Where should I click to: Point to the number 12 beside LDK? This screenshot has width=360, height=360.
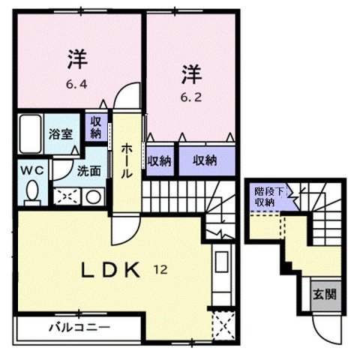pyautogui.click(x=161, y=268)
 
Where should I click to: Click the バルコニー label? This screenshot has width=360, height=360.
pyautogui.click(x=80, y=328)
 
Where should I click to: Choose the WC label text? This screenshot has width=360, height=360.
pyautogui.click(x=31, y=169)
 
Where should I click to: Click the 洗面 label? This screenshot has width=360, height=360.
pyautogui.click(x=88, y=170)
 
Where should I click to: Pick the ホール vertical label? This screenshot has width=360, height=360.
pyautogui.click(x=127, y=160)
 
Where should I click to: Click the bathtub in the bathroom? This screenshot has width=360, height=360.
pyautogui.click(x=31, y=134)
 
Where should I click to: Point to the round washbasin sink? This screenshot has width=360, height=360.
pyautogui.click(x=93, y=197)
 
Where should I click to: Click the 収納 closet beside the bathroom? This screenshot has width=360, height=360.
pyautogui.click(x=97, y=128)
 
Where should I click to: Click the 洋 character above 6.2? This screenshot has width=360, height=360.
pyautogui.click(x=190, y=73)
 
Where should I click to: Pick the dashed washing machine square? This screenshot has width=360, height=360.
pyautogui.click(x=66, y=196)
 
